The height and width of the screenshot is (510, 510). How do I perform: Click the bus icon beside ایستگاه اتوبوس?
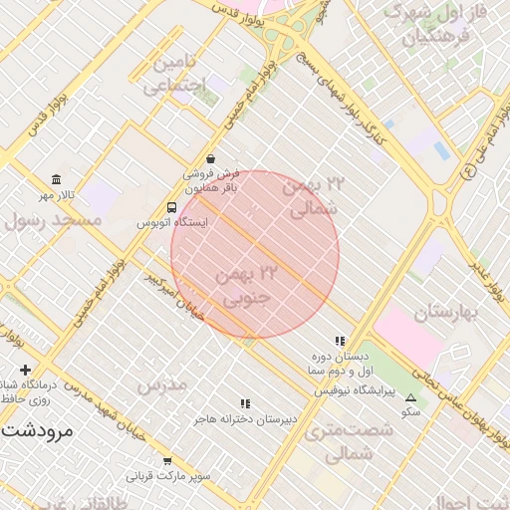[172, 208]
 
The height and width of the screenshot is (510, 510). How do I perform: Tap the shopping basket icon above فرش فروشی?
[210, 158]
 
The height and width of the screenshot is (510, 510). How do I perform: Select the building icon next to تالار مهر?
[56, 179]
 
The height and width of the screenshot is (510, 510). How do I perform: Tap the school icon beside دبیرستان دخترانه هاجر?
[245, 403]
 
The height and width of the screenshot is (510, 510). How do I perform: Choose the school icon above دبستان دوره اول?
[340, 341]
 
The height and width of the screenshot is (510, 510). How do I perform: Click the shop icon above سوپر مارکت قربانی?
[167, 461]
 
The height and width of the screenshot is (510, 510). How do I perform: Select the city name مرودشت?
[37, 431]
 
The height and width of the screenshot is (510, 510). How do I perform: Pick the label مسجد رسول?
[54, 220]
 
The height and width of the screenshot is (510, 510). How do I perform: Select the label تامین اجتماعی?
[180, 75]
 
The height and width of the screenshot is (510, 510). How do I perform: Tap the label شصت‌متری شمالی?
[339, 441]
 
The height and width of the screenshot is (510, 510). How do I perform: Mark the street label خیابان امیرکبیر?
[175, 297]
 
